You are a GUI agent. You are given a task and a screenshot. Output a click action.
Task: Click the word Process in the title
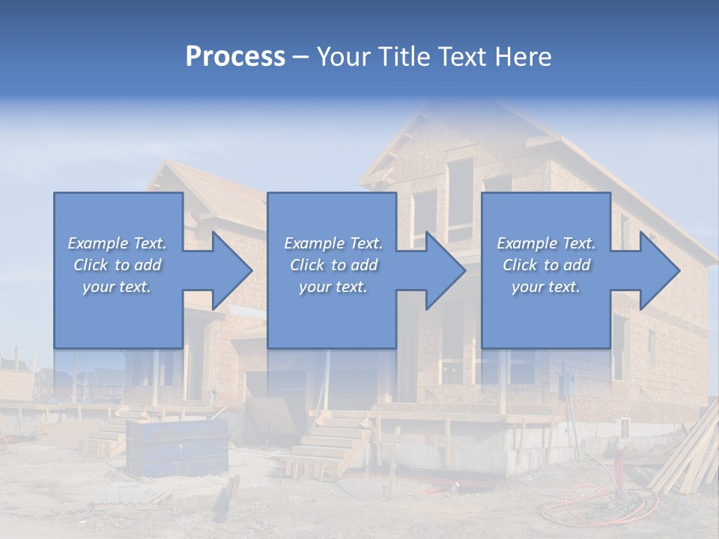click(x=235, y=57)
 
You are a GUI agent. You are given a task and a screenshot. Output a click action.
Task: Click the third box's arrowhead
click(x=662, y=270)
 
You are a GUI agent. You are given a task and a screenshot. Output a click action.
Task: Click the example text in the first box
click(x=117, y=265)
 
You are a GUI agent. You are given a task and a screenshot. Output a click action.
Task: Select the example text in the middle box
click(x=333, y=265)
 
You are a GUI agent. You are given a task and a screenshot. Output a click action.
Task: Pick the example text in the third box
click(x=545, y=265)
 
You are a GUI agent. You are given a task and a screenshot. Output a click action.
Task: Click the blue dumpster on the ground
click(x=177, y=446)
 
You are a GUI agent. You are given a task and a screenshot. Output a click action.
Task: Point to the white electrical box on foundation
click(x=623, y=429)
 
